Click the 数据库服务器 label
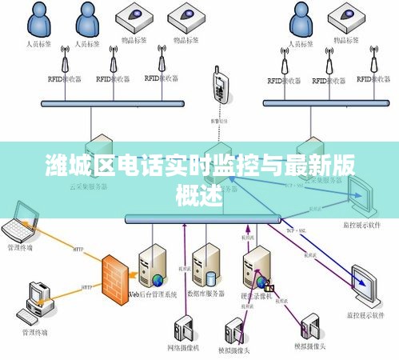click(205, 295)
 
